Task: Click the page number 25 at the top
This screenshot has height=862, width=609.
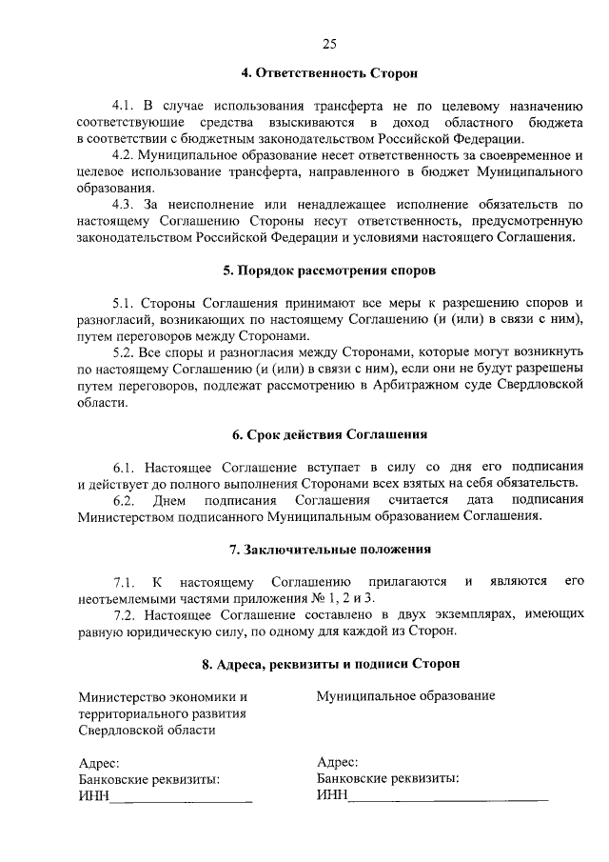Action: pyautogui.click(x=329, y=43)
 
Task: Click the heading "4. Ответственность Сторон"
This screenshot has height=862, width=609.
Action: pyautogui.click(x=329, y=72)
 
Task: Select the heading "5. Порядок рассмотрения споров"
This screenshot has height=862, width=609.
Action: pyautogui.click(x=329, y=270)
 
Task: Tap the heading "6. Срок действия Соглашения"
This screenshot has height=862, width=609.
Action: pyautogui.click(x=329, y=434)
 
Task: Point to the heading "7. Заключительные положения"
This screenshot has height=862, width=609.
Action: pyautogui.click(x=329, y=549)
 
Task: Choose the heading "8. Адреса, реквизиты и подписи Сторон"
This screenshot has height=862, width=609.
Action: pyautogui.click(x=329, y=663)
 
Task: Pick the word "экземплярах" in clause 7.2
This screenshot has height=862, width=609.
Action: pyautogui.click(x=439, y=615)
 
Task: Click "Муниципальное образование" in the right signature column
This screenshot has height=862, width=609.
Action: pyautogui.click(x=405, y=696)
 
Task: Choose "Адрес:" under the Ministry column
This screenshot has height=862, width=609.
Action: pyautogui.click(x=98, y=763)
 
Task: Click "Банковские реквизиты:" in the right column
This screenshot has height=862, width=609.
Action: pyautogui.click(x=388, y=779)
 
